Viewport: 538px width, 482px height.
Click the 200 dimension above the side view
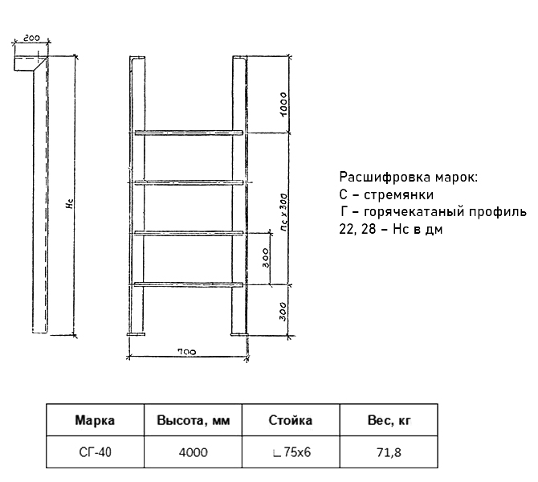32,38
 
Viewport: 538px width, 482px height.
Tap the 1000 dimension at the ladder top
283,104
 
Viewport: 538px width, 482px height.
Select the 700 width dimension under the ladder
187,352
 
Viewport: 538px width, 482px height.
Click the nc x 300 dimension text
283,212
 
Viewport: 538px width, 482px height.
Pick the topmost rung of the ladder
189,133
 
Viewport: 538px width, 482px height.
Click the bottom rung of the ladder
189,284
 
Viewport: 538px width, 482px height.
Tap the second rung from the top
189,182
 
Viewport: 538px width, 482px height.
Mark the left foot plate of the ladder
136,334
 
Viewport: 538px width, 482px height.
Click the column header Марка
95,420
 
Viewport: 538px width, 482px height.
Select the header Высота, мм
194,421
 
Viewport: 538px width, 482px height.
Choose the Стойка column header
290,420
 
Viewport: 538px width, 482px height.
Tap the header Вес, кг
389,421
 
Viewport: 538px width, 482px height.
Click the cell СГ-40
95,452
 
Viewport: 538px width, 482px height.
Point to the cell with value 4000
194,452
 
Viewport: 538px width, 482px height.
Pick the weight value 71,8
389,452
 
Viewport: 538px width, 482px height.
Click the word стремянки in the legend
399,194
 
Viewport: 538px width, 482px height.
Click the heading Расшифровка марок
408,178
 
